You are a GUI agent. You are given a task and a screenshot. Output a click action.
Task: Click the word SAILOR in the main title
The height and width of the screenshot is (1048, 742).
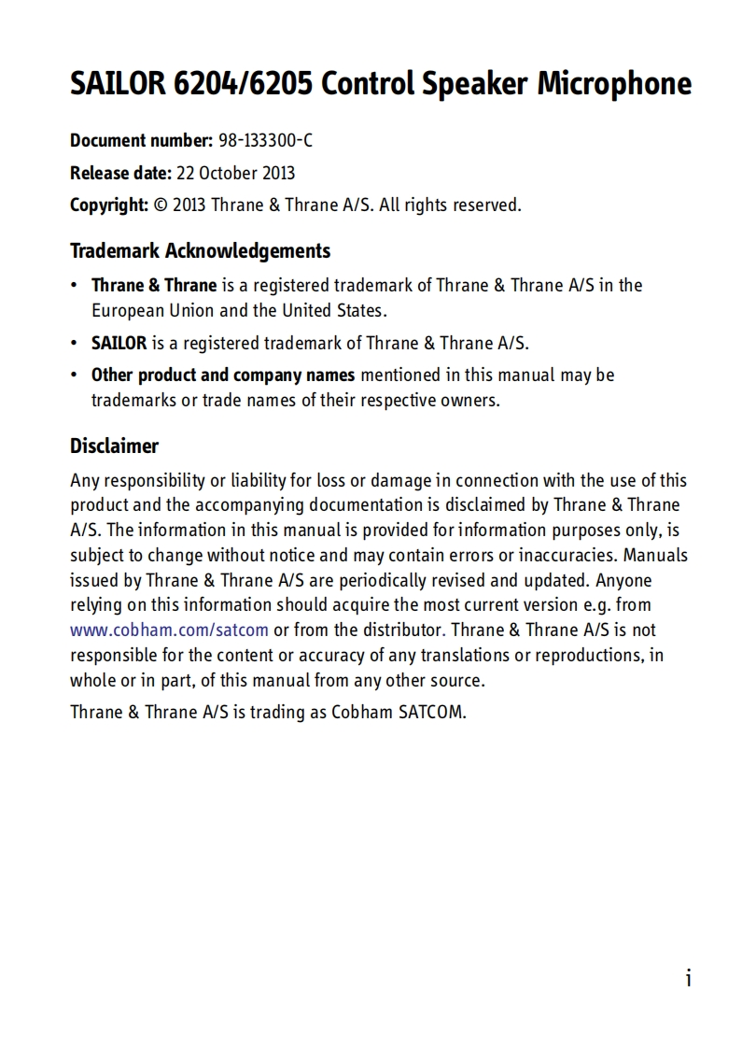119,85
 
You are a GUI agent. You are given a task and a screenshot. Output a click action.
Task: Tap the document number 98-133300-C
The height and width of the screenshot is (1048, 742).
266,141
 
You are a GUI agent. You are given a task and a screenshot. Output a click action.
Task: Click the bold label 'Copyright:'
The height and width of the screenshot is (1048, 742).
109,205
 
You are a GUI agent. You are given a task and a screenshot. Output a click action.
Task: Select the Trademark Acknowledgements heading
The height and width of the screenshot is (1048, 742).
200,251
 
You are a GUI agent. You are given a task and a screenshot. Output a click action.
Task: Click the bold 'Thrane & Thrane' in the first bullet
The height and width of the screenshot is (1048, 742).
154,285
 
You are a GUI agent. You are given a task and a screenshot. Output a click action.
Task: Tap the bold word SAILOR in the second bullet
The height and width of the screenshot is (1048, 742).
119,343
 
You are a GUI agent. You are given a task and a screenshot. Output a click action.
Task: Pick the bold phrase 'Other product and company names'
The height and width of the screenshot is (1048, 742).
223,375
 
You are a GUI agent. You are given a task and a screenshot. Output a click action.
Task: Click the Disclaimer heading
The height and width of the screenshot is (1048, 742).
114,446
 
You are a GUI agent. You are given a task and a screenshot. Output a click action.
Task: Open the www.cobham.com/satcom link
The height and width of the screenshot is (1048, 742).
170,630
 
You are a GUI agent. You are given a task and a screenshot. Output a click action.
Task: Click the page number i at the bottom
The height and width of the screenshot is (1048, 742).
688,978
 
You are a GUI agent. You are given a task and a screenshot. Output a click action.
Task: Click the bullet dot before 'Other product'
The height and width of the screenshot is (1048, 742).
75,375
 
